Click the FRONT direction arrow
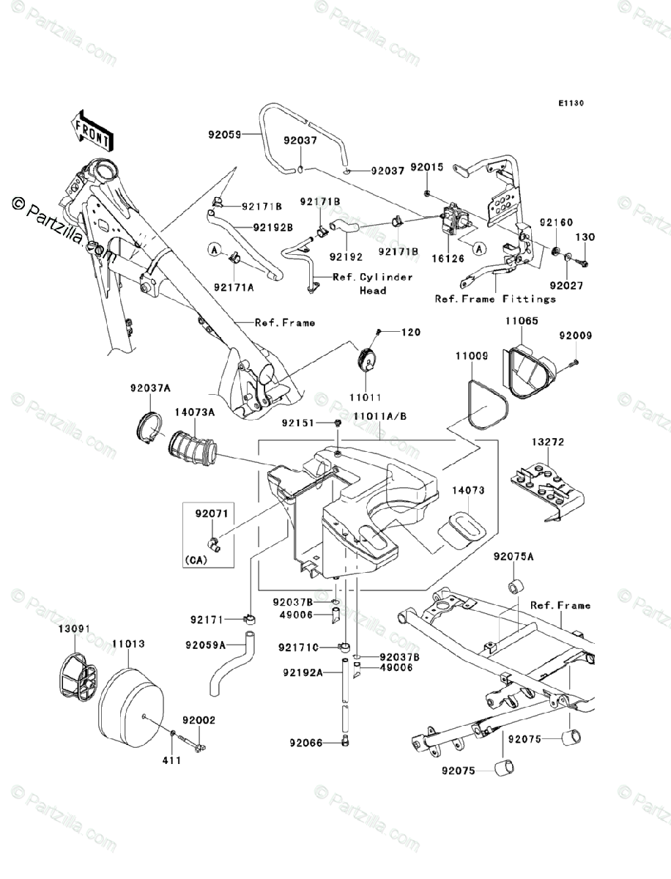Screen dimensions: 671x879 92,131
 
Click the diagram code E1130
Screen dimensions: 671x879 571,103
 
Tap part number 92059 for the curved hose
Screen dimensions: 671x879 225,135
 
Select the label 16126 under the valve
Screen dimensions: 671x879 448,259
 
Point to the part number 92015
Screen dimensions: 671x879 427,167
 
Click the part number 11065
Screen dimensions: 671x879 522,321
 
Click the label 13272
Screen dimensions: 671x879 548,442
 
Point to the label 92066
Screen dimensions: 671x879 306,743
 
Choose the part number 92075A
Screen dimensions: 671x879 514,557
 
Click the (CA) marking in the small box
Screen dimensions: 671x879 196,560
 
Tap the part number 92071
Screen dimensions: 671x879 212,513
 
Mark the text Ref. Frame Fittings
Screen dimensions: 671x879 495,299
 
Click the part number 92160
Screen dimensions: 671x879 556,222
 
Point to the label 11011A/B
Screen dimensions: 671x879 379,417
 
